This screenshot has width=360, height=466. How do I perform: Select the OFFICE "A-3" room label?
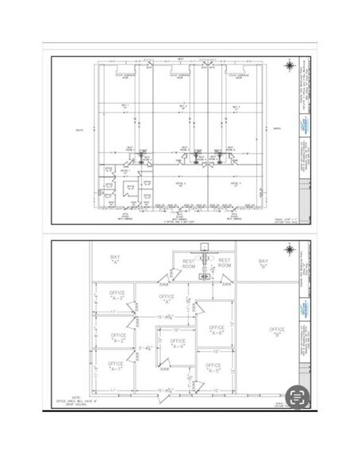[x=117, y=295]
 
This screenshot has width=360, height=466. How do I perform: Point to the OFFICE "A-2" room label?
[x=117, y=337]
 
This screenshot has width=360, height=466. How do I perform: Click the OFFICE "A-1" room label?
[x=117, y=366]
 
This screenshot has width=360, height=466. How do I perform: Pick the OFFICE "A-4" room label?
[x=177, y=342]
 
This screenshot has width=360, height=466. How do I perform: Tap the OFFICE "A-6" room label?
[x=216, y=329]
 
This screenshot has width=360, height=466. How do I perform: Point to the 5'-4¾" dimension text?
[x=145, y=347]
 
